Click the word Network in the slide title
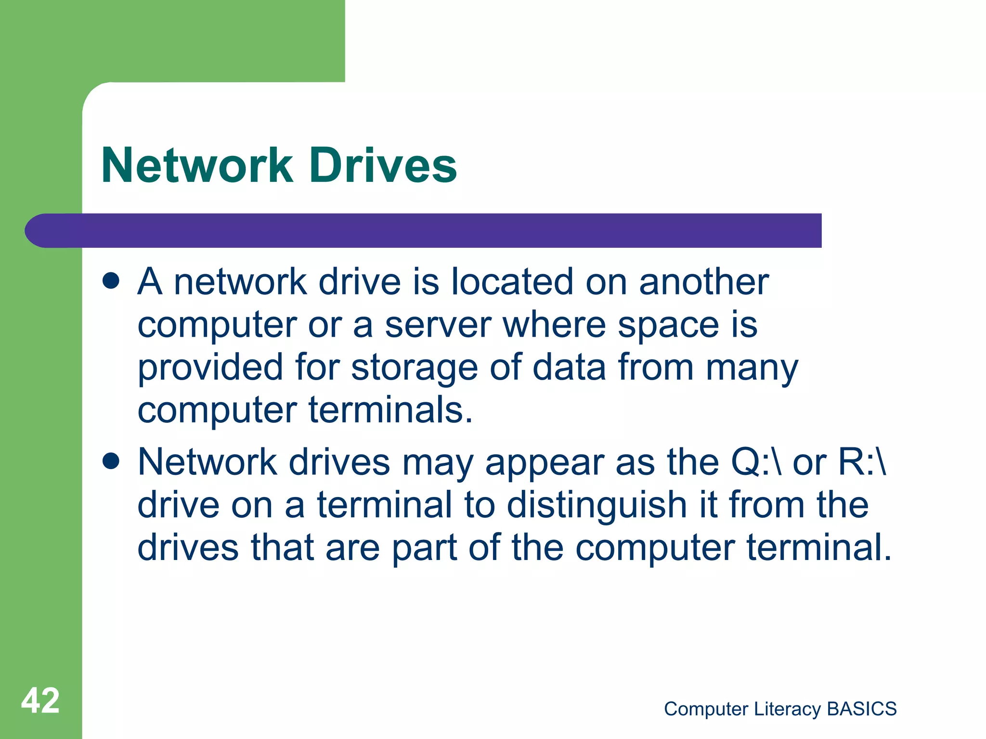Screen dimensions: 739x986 coord(197,166)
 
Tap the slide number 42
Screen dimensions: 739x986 coord(40,701)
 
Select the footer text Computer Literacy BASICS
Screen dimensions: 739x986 coord(780,709)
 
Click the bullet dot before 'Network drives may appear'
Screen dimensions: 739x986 coord(111,461)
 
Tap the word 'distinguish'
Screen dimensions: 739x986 coord(597,505)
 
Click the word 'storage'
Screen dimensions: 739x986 coord(415,368)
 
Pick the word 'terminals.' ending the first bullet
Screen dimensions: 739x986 coord(390,410)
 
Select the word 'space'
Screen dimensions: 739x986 coord(668,326)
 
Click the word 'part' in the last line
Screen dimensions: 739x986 coord(424,548)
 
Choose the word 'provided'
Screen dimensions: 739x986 coord(210,368)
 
